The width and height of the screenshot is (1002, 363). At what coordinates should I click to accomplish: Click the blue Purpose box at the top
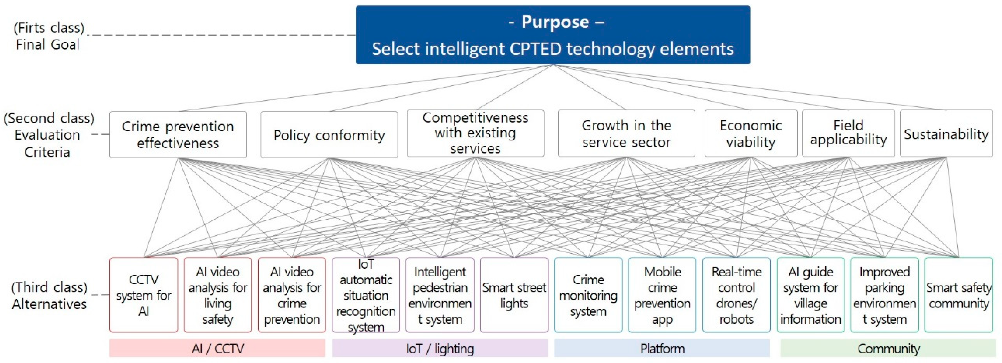click(x=553, y=35)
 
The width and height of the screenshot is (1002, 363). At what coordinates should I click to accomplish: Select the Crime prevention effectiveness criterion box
click(x=178, y=134)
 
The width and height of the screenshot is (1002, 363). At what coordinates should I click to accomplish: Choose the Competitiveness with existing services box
click(x=475, y=133)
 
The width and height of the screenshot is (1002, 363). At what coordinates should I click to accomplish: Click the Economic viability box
click(x=750, y=133)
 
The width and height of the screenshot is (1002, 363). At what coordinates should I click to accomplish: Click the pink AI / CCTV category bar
click(x=217, y=348)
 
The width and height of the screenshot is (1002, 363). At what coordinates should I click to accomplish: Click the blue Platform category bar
click(x=662, y=348)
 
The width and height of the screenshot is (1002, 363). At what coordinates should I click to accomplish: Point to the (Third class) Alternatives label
click(x=49, y=295)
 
